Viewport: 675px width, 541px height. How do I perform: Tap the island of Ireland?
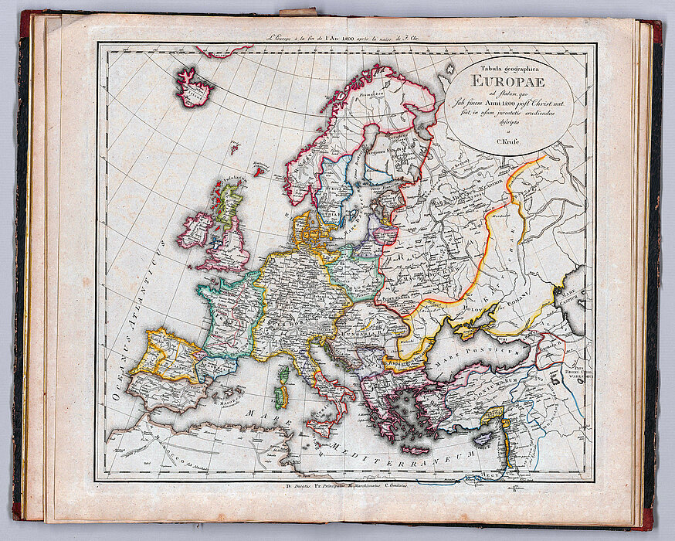[x=196, y=230]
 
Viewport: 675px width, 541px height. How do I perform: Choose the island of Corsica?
[x=284, y=376]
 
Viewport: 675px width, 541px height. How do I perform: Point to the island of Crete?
[x=417, y=449]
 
